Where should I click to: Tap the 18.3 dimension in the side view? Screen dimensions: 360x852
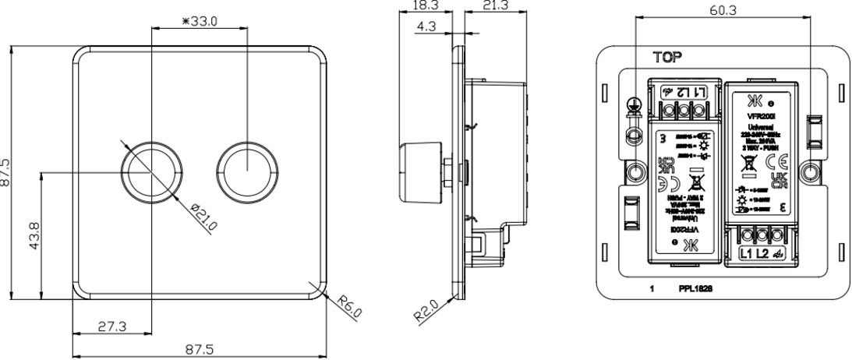tap(420, 5)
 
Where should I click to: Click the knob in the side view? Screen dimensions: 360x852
tap(416, 166)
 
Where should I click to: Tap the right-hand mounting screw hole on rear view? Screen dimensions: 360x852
tap(811, 172)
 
